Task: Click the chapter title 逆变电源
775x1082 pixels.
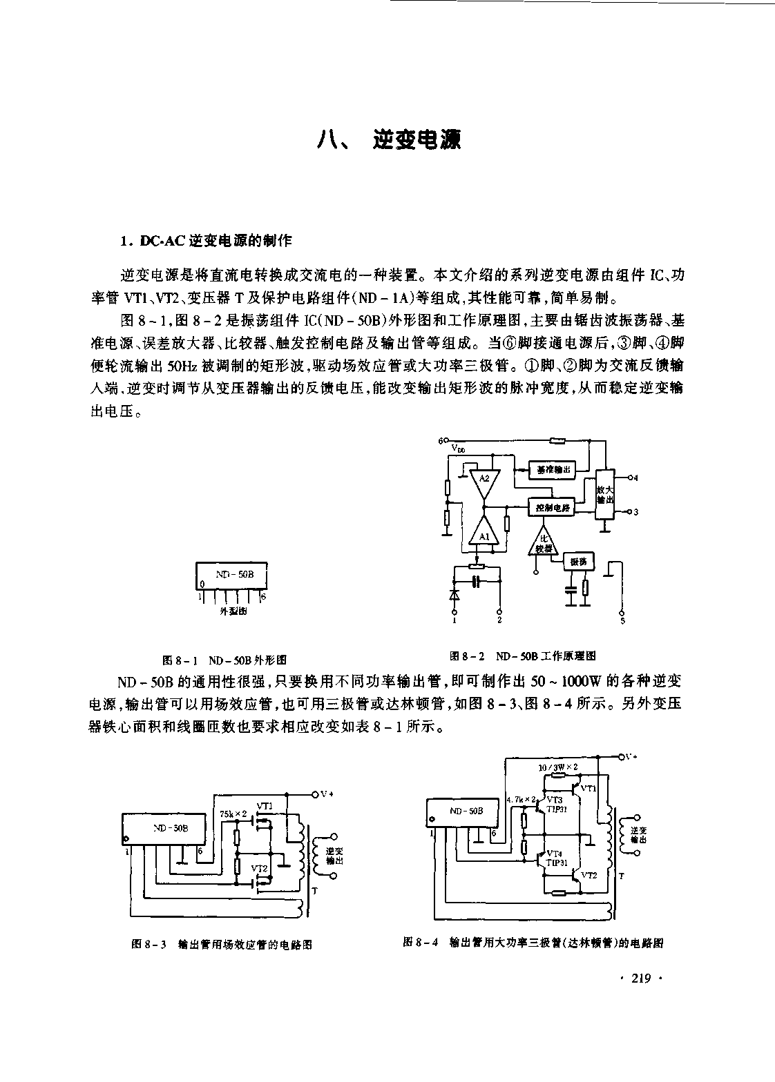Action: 416,139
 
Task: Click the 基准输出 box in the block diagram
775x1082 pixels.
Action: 553,470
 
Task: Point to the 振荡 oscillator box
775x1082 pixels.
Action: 578,562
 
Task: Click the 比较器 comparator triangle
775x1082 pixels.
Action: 543,542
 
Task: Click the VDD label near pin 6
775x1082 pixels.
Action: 458,449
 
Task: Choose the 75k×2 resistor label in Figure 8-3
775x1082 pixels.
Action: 233,814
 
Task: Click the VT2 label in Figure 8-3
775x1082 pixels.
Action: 259,868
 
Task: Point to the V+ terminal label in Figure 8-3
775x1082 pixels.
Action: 327,794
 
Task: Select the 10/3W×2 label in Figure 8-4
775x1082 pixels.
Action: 557,767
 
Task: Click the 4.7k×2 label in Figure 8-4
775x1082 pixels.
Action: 522,800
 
